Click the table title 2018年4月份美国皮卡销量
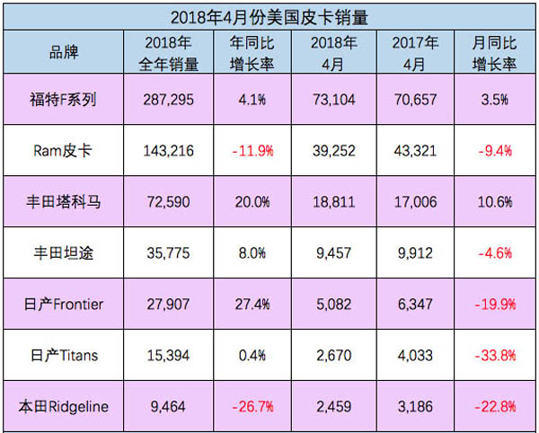(269, 15)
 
